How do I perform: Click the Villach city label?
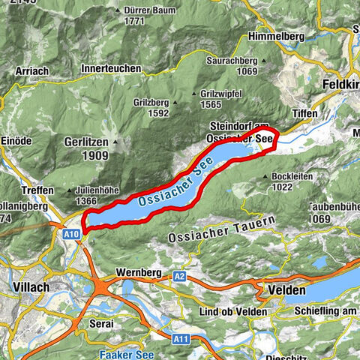click(31, 286)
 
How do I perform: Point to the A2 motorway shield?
click(179, 276)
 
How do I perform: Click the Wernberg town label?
click(136, 271)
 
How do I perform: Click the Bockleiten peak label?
click(292, 177)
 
